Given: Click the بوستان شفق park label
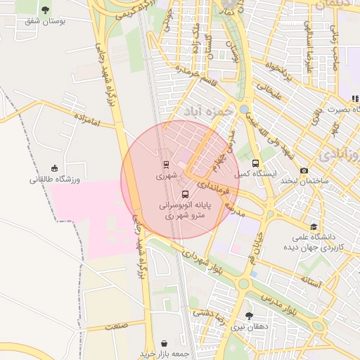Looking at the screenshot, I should click(45, 22).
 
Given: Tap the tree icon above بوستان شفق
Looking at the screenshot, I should click(46, 10).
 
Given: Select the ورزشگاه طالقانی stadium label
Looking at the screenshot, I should click(55, 179).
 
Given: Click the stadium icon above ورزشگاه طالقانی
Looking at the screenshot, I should click(54, 167).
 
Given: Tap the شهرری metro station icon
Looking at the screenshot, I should click(166, 165).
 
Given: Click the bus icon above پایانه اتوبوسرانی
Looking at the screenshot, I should click(185, 195).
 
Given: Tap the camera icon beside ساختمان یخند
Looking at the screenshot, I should click(304, 171).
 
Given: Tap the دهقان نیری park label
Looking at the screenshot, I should click(249, 327).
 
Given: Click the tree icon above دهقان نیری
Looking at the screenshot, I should click(249, 316).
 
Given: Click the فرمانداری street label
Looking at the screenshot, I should click(211, 187).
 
